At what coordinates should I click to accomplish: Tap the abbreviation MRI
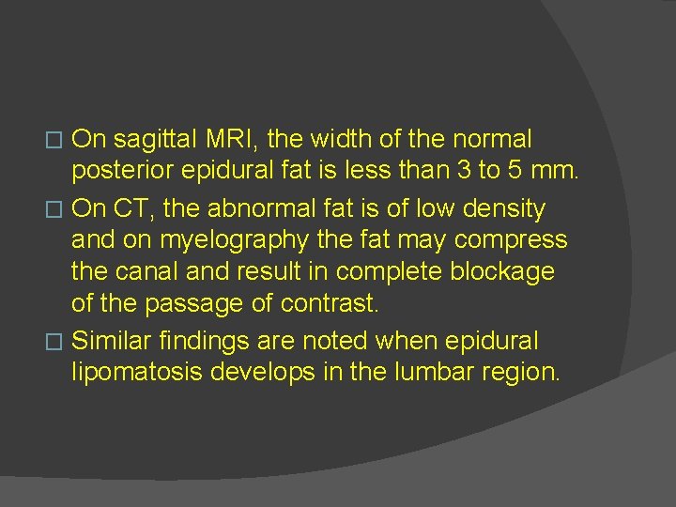coord(238,141)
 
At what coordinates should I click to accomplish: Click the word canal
coord(146,272)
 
